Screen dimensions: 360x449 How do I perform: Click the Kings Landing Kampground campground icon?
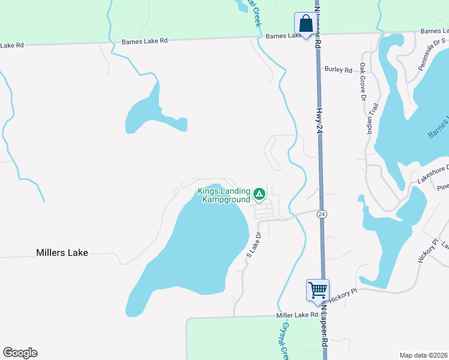tap(259, 193)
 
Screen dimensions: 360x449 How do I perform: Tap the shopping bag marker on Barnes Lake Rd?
tap(306, 25)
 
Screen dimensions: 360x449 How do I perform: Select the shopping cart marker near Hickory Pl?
tap(317, 290)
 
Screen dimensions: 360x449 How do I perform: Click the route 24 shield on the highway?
tap(322, 214)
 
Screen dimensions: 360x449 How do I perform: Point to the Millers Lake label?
tap(62, 253)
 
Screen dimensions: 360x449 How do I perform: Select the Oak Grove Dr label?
tap(363, 80)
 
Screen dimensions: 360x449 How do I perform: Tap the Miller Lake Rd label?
tap(297, 315)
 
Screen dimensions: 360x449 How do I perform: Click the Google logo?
tap(20, 353)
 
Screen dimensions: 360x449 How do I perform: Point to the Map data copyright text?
tap(423, 355)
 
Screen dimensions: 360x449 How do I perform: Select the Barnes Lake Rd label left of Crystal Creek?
tap(144, 41)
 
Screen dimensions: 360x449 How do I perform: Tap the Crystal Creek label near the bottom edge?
tap(285, 341)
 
